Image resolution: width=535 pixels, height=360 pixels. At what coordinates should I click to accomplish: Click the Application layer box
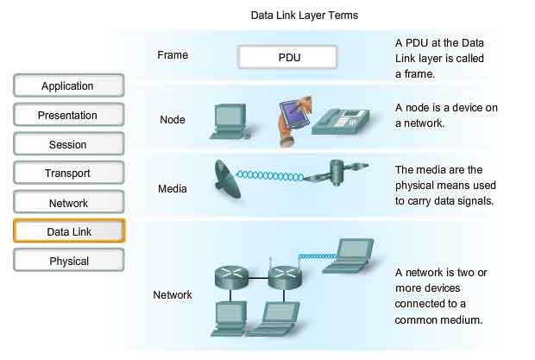point(68,86)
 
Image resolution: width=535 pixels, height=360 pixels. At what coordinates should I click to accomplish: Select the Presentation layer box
point(68,116)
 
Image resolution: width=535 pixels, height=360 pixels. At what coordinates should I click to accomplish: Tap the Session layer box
point(68,145)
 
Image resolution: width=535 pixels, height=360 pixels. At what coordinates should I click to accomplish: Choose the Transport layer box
point(68,174)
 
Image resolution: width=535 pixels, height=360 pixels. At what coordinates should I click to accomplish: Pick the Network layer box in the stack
point(68,203)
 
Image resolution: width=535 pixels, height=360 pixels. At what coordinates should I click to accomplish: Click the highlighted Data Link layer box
point(68,231)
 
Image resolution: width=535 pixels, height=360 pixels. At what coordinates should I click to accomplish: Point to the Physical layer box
point(68,261)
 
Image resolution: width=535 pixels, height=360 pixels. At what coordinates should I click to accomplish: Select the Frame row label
point(173,55)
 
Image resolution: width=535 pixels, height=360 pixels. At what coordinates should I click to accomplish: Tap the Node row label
point(173,120)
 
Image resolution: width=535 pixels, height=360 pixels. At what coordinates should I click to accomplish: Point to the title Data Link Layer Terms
point(304,15)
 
